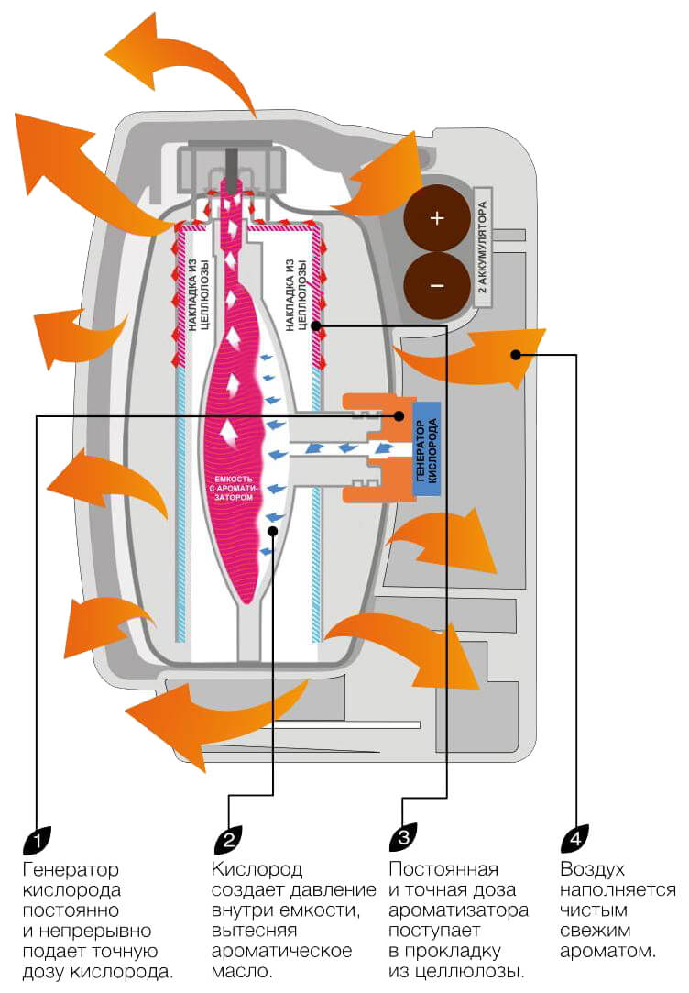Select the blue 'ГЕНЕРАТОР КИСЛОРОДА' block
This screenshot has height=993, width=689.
pos(427,449)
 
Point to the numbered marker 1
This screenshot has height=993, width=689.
pos(37,836)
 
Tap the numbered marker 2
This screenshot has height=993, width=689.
pos(228,836)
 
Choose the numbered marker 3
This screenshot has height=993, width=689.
pos(403,836)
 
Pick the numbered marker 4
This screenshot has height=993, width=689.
pos(574,836)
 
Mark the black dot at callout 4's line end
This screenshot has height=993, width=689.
pos(517,354)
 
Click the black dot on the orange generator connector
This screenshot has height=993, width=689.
pos(399,415)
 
